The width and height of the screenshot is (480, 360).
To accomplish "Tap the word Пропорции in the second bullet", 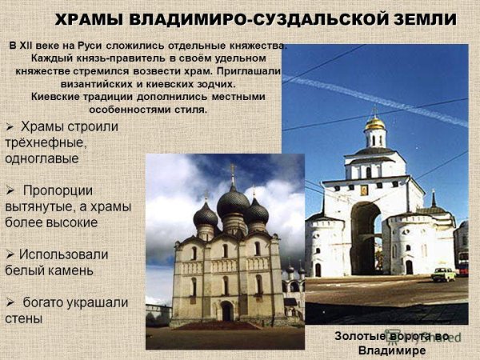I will point(58,190).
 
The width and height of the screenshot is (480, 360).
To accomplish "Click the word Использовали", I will point(65,254).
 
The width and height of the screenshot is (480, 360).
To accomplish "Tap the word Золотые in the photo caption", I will point(359,337).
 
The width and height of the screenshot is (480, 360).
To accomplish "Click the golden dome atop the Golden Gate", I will point(374,124).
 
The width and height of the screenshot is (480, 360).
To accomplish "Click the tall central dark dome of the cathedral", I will point(233,201).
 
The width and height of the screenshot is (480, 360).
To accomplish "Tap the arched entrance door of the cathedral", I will point(226,311).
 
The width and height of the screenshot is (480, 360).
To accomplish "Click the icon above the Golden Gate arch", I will point(363,190).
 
